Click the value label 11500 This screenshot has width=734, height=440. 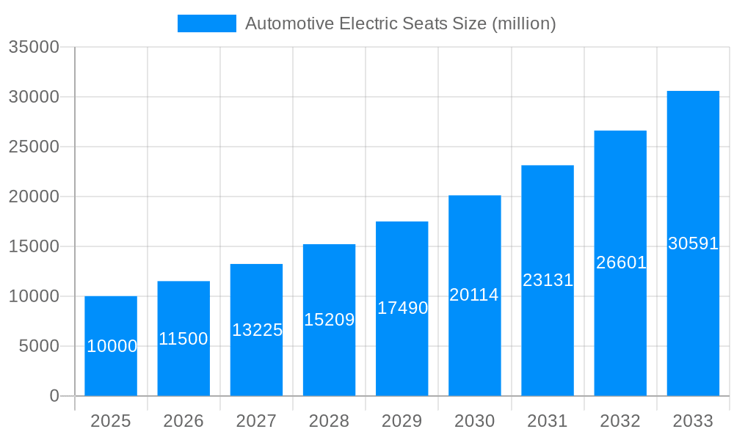tap(183, 339)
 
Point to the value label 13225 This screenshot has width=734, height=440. tap(257, 330)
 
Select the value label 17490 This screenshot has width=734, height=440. tap(402, 308)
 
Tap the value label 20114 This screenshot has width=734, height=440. tap(474, 295)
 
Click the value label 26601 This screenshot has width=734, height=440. tap(621, 263)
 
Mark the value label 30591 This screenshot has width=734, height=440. tap(693, 243)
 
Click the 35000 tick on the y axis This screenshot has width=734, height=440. tap(34, 47)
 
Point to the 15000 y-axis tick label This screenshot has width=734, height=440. tap(34, 246)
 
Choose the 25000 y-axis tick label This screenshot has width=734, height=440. tap(34, 147)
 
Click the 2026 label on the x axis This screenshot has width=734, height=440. tap(183, 421)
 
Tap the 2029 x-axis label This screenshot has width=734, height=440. tap(402, 421)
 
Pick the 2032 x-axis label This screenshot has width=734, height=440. tap(620, 421)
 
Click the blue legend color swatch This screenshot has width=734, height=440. tap(206, 23)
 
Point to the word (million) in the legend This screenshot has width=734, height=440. tap(523, 23)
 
